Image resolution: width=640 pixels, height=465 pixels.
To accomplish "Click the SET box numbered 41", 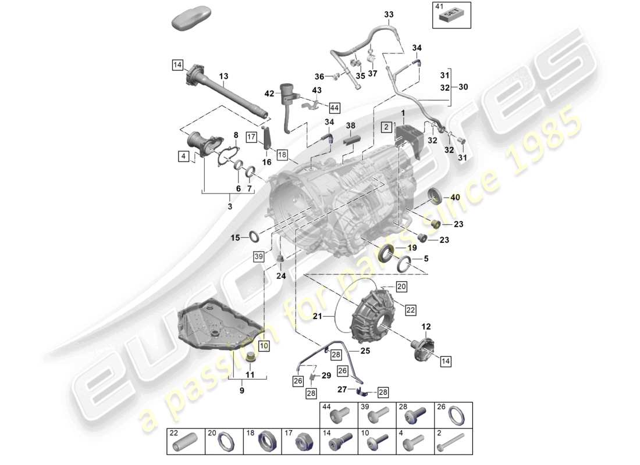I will coord(451,16).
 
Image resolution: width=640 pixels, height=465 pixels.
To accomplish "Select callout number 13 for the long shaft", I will coord(224,76).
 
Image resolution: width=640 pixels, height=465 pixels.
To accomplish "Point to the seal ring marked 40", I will coord(434,196).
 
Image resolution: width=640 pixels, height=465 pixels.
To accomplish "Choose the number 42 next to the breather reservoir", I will coord(269,92).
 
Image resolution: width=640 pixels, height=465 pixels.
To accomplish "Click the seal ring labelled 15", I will coord(254,237).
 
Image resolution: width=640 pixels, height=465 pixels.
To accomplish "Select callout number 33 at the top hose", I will coord(389,14).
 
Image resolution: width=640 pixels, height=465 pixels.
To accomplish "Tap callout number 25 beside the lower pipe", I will coord(365,351).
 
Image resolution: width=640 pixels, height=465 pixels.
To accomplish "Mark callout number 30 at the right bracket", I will coord(463,87).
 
